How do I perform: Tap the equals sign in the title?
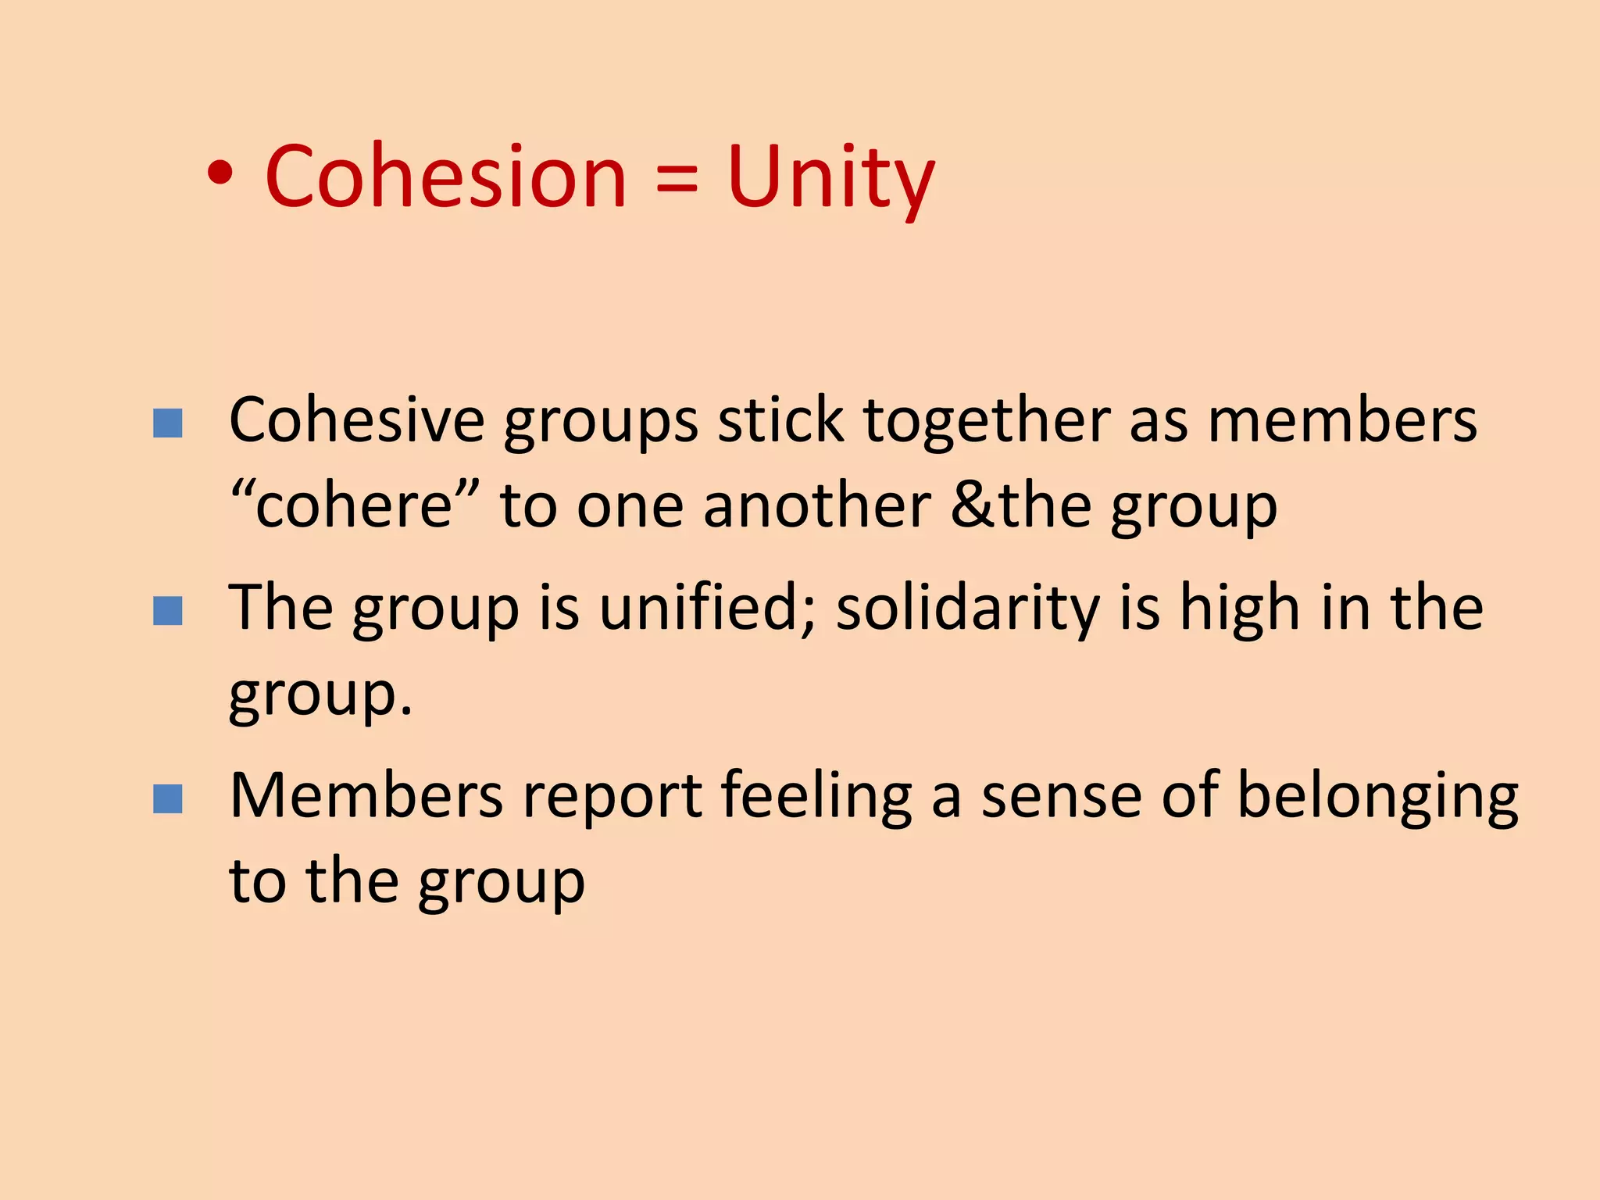point(677,184)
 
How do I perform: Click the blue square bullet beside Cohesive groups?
point(168,423)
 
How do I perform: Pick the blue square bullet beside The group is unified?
point(168,611)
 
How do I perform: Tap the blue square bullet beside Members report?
point(168,798)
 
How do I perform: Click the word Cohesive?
point(356,420)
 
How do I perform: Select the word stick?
point(780,420)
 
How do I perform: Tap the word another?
point(817,506)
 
